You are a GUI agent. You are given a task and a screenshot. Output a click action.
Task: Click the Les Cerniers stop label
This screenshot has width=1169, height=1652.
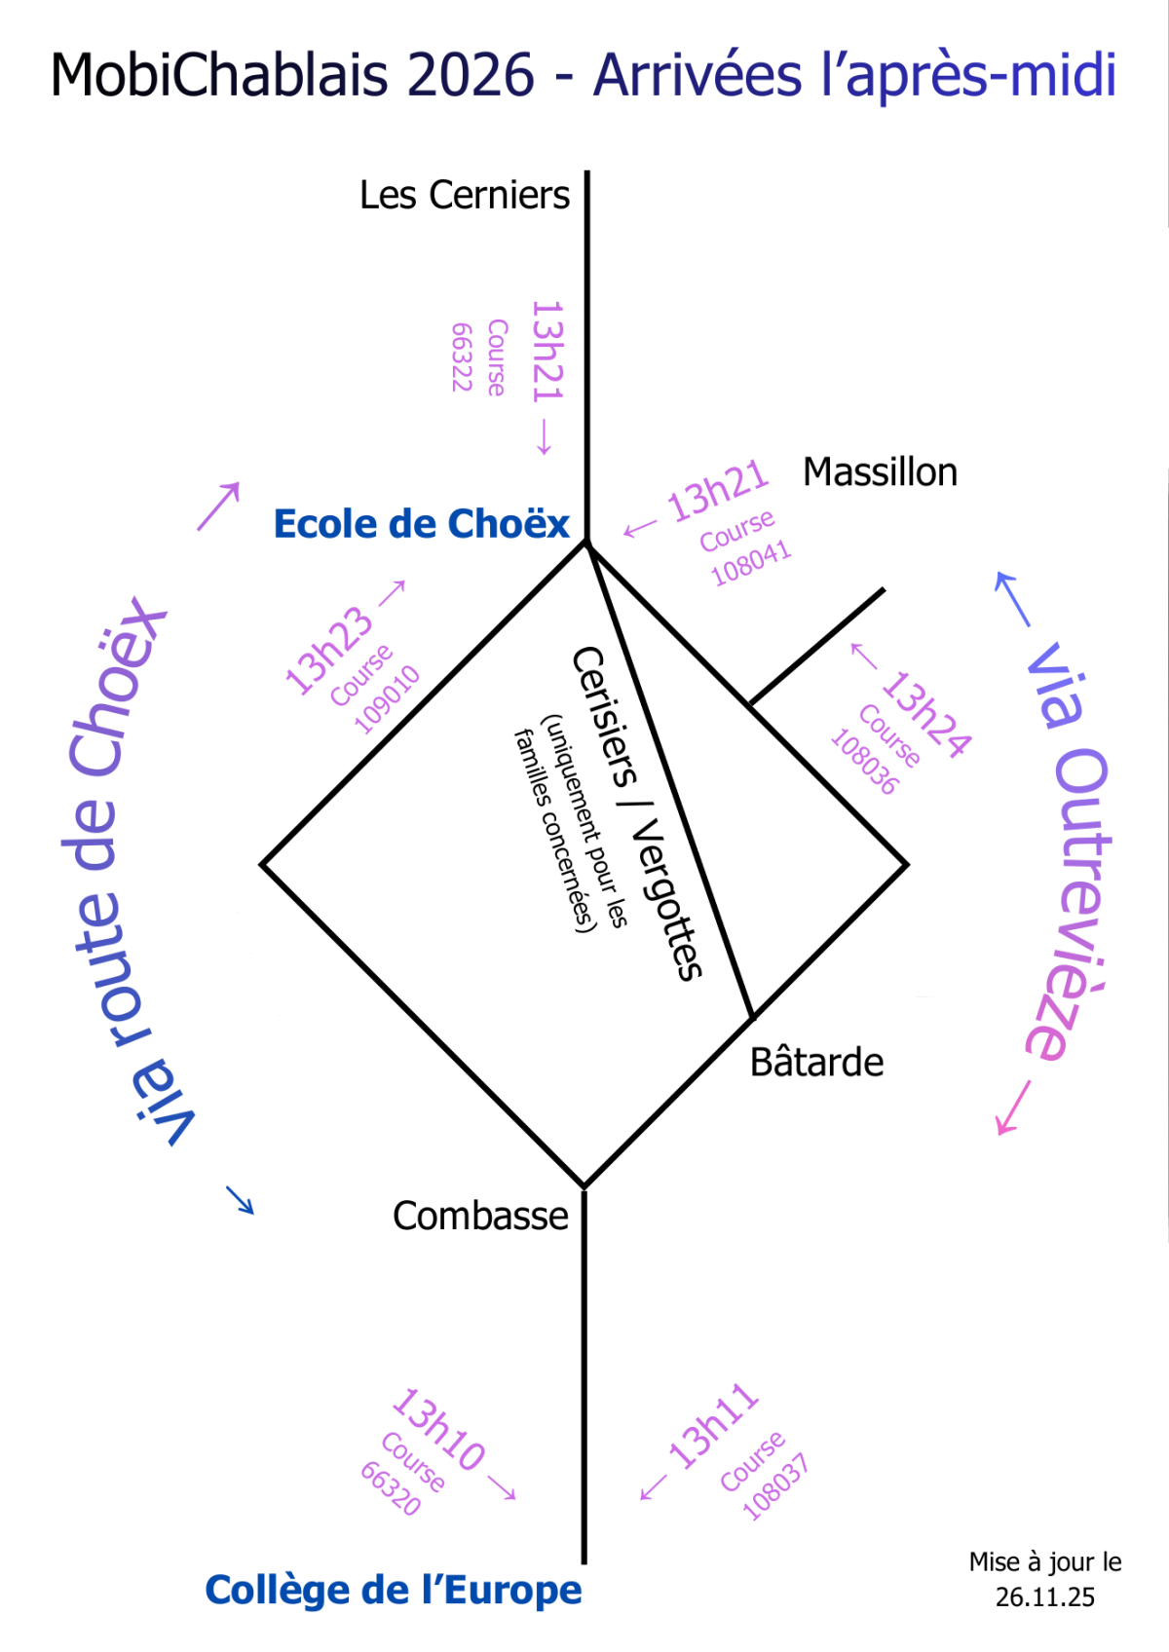(x=464, y=196)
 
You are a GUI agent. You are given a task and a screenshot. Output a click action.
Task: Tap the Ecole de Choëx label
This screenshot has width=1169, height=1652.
(x=421, y=523)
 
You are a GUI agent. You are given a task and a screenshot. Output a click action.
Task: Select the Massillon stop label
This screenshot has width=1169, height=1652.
(x=879, y=471)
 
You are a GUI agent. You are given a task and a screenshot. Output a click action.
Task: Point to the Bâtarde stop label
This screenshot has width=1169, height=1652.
(x=816, y=1062)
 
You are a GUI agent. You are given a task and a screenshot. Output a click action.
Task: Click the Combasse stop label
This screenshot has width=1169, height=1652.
(x=480, y=1216)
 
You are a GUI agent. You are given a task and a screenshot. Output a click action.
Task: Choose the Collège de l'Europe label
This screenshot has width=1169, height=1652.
(x=394, y=1590)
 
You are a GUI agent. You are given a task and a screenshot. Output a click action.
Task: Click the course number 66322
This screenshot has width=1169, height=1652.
(x=461, y=357)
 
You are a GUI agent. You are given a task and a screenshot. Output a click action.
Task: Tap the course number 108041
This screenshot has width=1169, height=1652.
(x=751, y=563)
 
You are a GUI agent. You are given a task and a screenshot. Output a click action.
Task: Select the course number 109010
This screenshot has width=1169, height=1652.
(x=387, y=700)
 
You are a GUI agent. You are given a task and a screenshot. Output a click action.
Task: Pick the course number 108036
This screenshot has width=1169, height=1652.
(x=864, y=762)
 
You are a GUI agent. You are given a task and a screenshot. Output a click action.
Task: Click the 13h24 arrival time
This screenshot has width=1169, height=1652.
(x=926, y=714)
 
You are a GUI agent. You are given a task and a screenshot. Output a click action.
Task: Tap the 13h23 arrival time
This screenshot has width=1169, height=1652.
(x=329, y=651)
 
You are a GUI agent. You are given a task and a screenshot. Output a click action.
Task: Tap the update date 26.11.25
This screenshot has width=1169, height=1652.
(x=1044, y=1596)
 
